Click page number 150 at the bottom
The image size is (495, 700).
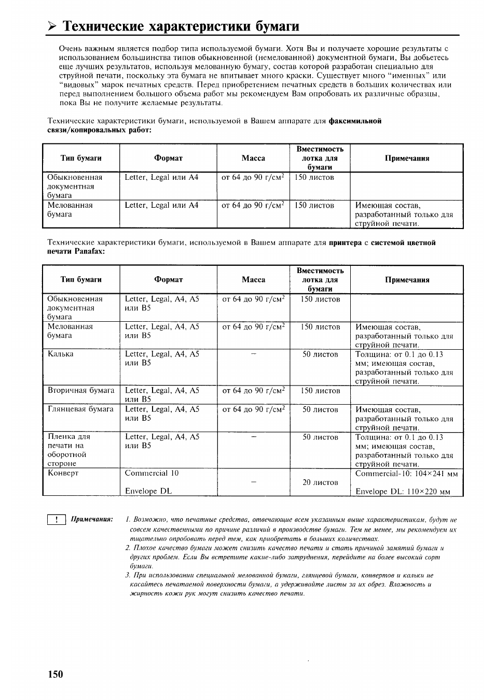tap(56, 674)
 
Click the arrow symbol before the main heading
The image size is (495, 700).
tap(51, 26)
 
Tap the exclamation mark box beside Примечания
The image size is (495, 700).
tap(56, 520)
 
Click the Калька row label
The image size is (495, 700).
tap(60, 354)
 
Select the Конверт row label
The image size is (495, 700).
tap(63, 473)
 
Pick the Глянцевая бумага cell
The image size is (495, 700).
tap(80, 409)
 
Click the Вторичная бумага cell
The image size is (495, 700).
tap(80, 391)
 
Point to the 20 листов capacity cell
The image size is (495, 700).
tap(320, 482)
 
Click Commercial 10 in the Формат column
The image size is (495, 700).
tap(152, 473)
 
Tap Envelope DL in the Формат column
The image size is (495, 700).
tap(148, 491)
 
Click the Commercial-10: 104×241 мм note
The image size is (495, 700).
tap(406, 473)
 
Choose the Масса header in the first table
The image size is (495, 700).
tap(253, 158)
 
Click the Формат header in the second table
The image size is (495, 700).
tap(168, 280)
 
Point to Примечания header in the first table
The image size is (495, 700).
tap(407, 158)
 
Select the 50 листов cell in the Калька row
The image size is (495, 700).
tap(320, 354)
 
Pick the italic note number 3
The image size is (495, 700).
tap(128, 575)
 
